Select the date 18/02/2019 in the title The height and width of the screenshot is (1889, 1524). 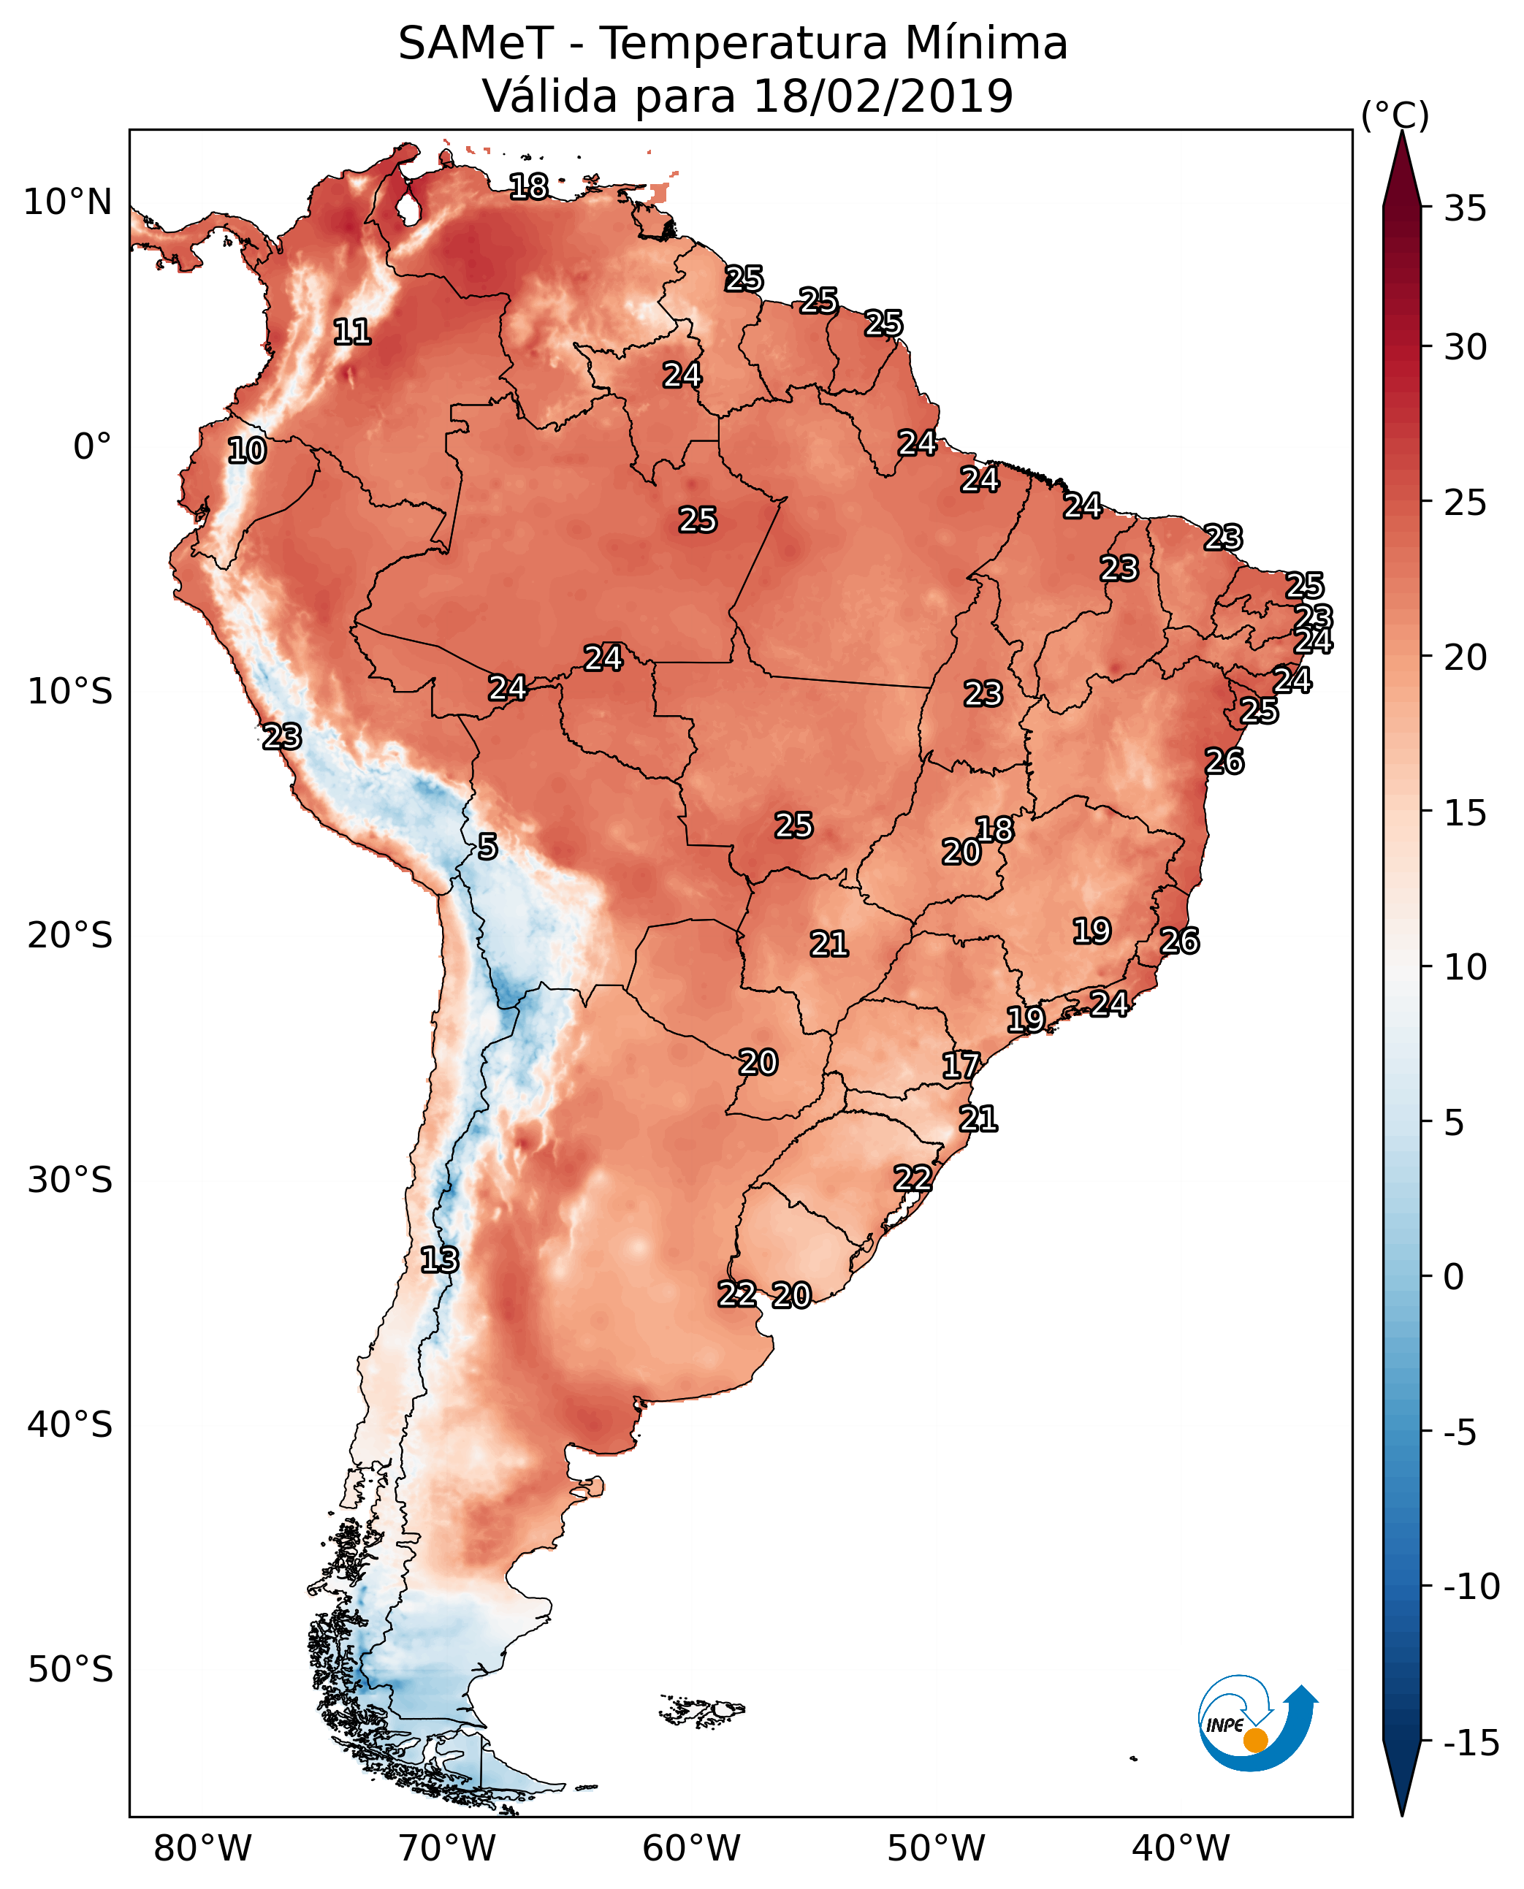tap(883, 96)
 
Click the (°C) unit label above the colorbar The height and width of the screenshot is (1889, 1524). tap(1395, 115)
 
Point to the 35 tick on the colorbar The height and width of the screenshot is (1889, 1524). tap(1465, 209)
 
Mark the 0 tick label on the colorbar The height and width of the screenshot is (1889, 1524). tap(1454, 1277)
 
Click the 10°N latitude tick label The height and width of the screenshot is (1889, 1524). tap(68, 203)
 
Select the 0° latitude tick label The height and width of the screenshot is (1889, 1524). tap(92, 447)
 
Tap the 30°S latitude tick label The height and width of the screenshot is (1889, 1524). tap(69, 1180)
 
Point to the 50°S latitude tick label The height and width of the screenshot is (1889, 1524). tap(69, 1670)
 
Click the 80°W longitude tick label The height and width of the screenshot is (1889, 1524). tap(203, 1848)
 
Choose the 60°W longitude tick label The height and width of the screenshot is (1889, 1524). tap(692, 1848)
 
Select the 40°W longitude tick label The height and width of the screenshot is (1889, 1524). tap(1181, 1848)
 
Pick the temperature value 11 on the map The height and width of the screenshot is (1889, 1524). tap(352, 332)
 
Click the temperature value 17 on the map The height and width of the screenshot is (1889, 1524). tap(961, 1066)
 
